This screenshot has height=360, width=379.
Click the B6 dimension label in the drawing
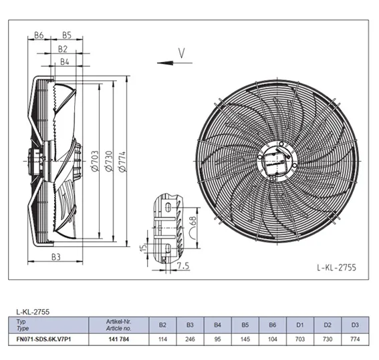(39, 35)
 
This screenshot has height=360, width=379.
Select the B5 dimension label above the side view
(67, 35)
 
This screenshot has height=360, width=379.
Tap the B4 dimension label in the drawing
(65, 62)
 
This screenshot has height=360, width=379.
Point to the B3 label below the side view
(56, 257)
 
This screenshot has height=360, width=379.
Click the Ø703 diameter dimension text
(95, 161)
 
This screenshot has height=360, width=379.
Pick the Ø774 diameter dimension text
(122, 162)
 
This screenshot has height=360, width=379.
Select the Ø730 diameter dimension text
(109, 161)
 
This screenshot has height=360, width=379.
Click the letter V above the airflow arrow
(182, 53)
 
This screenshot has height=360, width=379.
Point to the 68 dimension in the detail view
(193, 222)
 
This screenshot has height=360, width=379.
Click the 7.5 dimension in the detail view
(183, 266)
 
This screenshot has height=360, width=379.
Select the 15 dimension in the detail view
(144, 248)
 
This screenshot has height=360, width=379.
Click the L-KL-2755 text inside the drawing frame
(336, 268)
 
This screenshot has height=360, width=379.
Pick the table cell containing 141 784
(119, 339)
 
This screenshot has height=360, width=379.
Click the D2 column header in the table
(328, 325)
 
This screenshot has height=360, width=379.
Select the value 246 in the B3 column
(190, 339)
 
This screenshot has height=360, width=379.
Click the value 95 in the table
(217, 339)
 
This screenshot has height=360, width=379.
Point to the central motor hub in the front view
(277, 161)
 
